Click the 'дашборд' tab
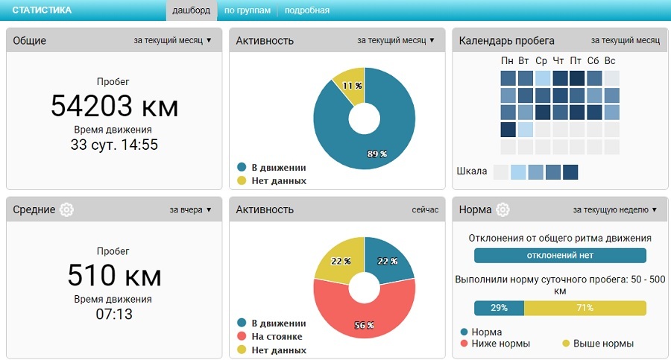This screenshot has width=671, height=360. pos(190,10)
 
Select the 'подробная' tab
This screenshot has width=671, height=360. pos(306,10)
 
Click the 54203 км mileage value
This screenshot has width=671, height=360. pos(114,106)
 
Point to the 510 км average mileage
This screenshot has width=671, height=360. pos(114,276)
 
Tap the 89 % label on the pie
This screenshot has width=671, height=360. pos(377,154)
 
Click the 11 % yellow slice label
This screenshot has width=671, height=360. pos(347,86)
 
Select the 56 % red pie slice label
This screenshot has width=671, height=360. pos(364,325)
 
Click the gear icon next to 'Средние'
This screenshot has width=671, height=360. pos(67,209)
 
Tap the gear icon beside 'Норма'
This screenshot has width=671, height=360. pos(503,209)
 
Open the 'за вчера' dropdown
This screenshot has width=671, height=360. pos(191,210)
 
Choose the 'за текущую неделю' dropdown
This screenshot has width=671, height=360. pos(615,210)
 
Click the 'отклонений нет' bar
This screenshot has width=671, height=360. pos(560,256)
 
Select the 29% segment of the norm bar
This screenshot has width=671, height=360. pos(499,308)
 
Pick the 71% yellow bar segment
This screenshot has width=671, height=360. pos(585,308)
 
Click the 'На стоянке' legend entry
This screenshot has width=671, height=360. pos(276,337)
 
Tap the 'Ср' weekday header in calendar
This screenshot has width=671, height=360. pos(542,60)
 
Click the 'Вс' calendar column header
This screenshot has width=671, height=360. pos(611,60)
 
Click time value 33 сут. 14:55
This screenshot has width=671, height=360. pos(114,145)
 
